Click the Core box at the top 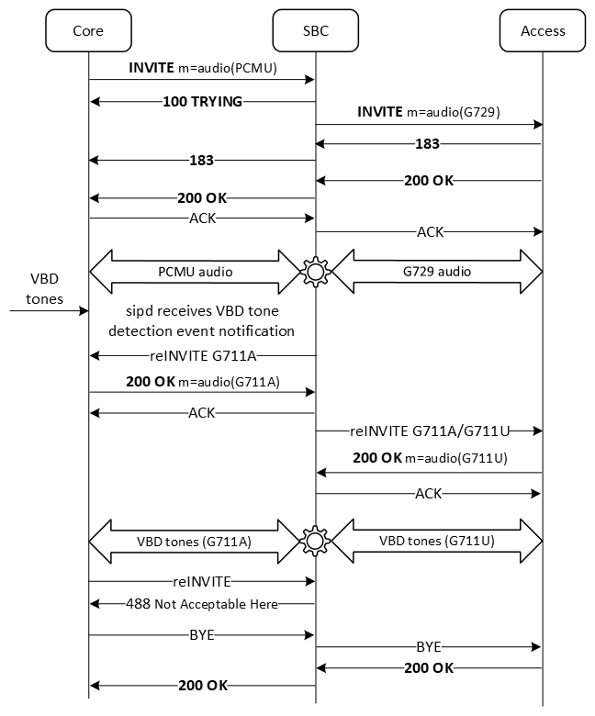tap(88, 30)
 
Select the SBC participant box tap(315, 30)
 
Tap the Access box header tap(543, 30)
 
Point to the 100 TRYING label tap(202, 101)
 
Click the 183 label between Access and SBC tap(427, 144)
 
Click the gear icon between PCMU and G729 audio tap(316, 272)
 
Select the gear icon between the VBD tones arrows tap(316, 541)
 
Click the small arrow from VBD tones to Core tap(46, 311)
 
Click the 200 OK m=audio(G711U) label tap(430, 458)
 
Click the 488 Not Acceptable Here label tap(202, 603)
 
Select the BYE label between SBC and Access tap(429, 646)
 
